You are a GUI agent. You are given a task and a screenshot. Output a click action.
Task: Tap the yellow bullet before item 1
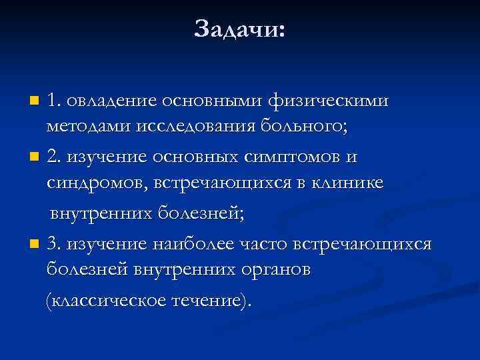pyautogui.click(x=35, y=102)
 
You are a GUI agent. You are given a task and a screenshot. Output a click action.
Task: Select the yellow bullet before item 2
pyautogui.click(x=35, y=158)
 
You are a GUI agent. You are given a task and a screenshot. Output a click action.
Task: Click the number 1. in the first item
pyautogui.click(x=54, y=101)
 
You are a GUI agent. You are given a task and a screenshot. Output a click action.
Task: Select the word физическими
pyautogui.click(x=328, y=101)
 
